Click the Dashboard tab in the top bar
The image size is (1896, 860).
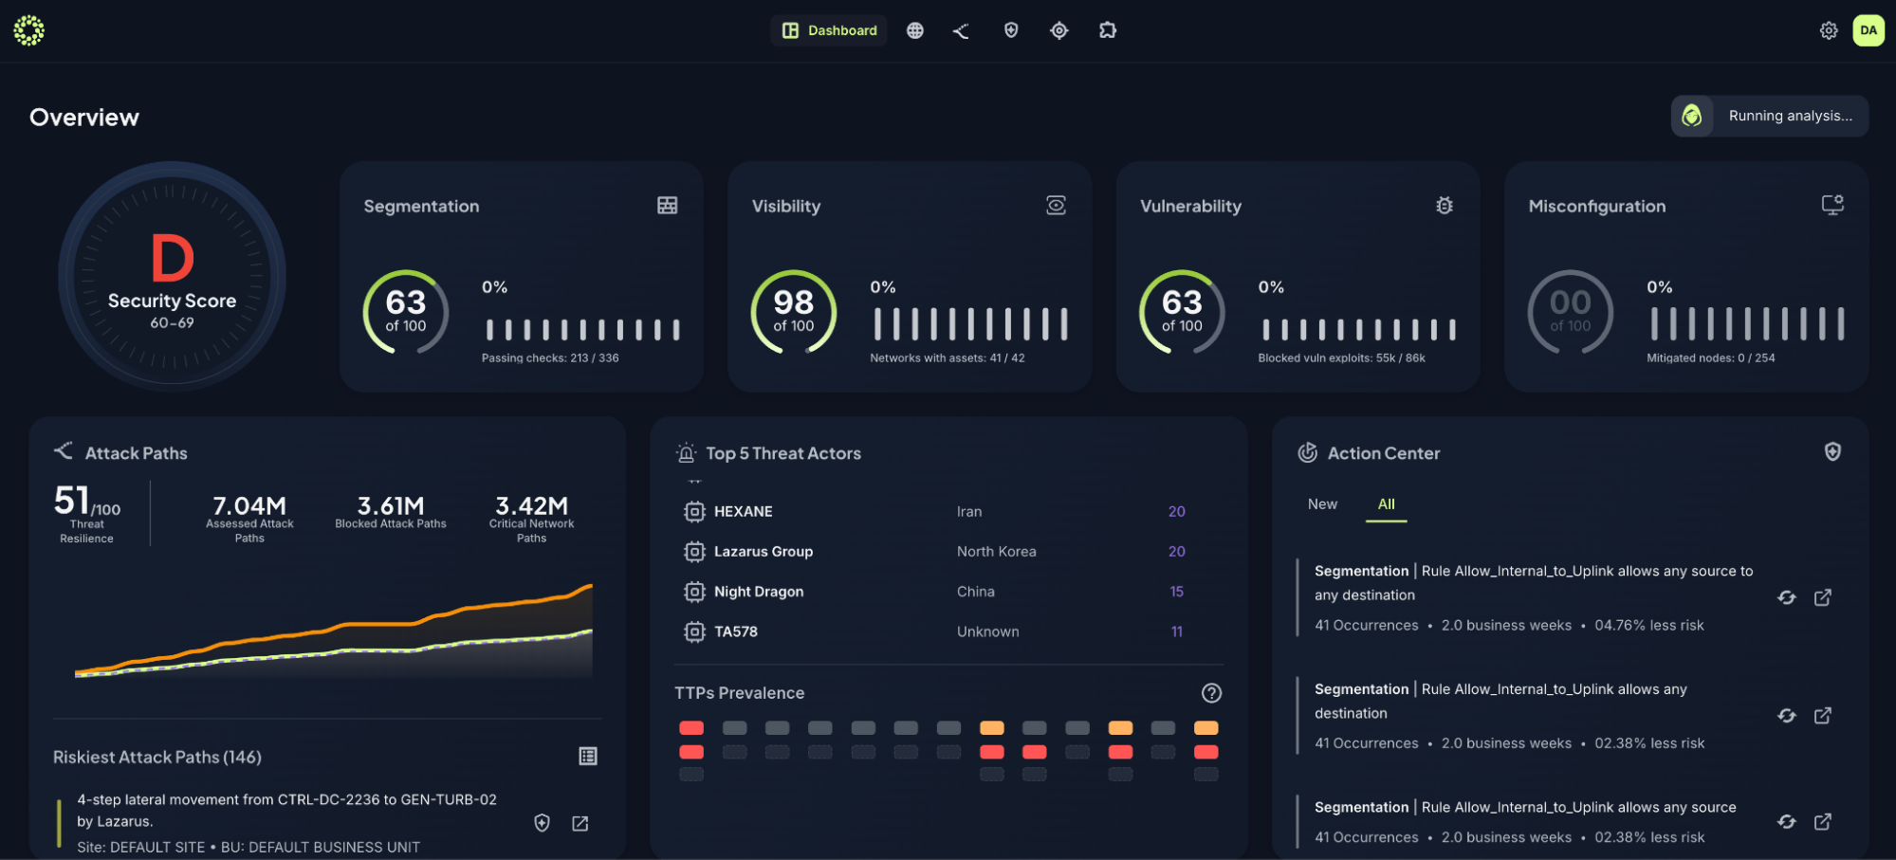click(x=829, y=30)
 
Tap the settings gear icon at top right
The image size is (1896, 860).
click(x=1829, y=30)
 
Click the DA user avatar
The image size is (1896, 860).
click(x=1868, y=30)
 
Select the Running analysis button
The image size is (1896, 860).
click(x=1770, y=116)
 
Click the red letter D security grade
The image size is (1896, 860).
click(x=173, y=259)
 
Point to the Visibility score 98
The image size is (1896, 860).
click(x=793, y=302)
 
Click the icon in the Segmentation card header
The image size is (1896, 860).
click(x=668, y=205)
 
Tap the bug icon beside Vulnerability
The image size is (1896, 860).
click(x=1445, y=205)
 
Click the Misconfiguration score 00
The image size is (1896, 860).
click(x=1570, y=302)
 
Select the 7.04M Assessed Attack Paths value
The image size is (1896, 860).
click(x=249, y=505)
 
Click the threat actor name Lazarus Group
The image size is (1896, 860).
click(x=763, y=551)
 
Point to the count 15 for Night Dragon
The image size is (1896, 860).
click(x=1176, y=592)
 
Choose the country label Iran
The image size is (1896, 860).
click(x=968, y=511)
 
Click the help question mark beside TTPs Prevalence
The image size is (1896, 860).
click(x=1211, y=693)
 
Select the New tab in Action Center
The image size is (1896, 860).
click(x=1322, y=504)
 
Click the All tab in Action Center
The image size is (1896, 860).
click(x=1386, y=504)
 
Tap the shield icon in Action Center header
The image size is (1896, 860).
click(x=1832, y=452)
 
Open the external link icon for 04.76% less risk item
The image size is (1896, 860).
click(x=1822, y=597)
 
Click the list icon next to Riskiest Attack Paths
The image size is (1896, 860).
click(x=588, y=756)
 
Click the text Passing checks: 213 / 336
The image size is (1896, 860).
click(x=550, y=358)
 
